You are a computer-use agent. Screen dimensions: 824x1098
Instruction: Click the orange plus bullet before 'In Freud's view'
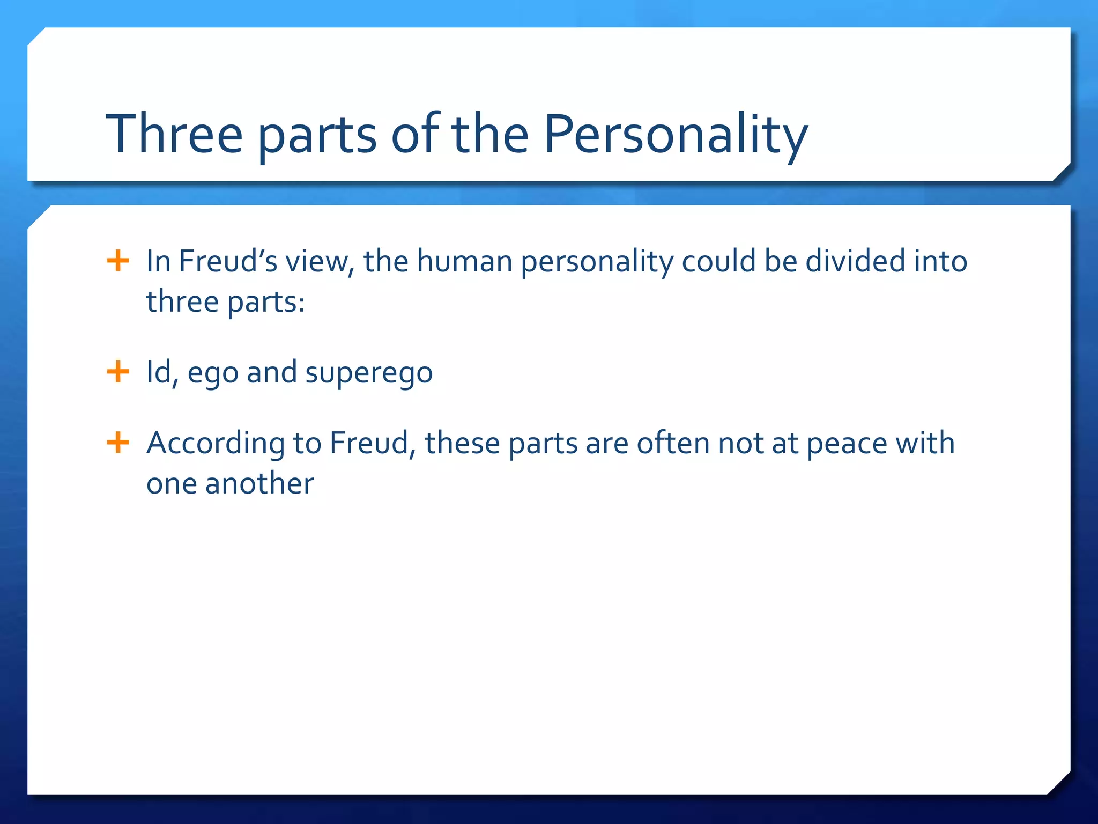(118, 261)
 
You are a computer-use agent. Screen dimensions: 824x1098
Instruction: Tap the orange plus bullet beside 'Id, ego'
(118, 372)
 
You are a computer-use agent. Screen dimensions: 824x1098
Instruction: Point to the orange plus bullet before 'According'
(118, 443)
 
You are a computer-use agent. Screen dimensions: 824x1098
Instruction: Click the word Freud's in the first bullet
(228, 261)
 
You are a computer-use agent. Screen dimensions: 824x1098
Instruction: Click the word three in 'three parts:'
(182, 301)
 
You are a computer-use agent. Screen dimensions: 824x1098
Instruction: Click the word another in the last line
(259, 483)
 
